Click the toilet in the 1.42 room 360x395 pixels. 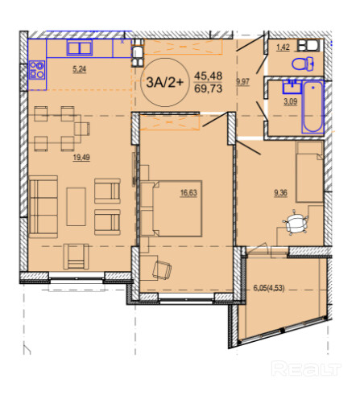(303, 64)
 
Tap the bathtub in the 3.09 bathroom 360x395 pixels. (312, 107)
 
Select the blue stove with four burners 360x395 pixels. (37, 70)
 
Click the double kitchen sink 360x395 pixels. (80, 48)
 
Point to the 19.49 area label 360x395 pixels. (81, 158)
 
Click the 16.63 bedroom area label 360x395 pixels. (188, 192)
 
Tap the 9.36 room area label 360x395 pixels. (280, 192)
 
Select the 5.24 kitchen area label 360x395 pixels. (80, 69)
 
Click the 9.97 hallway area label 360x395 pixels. (242, 81)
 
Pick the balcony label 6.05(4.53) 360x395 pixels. (269, 288)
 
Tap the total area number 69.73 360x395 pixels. (209, 88)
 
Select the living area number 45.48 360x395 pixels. (209, 76)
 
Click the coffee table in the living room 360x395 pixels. (77, 207)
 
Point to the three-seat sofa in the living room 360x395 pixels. (43, 207)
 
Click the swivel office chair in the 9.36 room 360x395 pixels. (295, 222)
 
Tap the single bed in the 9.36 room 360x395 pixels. (309, 171)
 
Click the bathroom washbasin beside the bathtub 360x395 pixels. (292, 86)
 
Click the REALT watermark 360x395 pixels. (306, 368)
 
